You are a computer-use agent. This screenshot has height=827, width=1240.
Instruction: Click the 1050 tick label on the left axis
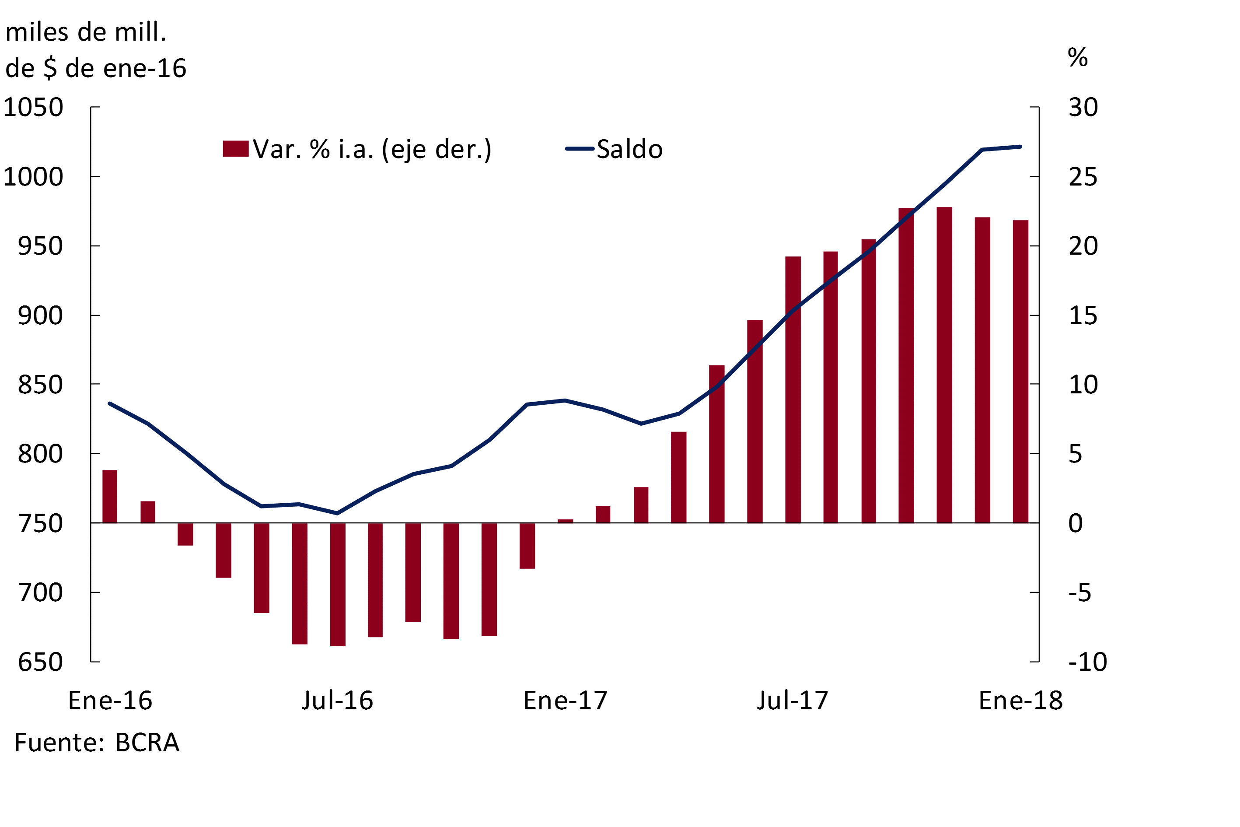click(33, 108)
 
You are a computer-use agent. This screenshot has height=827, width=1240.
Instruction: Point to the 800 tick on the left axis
click(41, 454)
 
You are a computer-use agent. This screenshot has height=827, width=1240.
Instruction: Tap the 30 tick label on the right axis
click(1083, 108)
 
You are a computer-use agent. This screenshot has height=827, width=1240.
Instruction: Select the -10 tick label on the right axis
click(1087, 662)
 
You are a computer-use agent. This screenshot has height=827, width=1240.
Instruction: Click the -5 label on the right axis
click(1080, 593)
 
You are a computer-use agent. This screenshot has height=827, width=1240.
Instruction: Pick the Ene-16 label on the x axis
click(110, 701)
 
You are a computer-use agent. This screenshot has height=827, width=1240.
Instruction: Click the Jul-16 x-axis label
click(337, 701)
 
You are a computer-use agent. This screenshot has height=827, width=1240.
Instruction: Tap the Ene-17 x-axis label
click(565, 701)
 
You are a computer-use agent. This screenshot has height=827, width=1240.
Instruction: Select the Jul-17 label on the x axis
click(793, 701)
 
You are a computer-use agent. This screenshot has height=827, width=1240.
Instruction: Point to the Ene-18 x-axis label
click(1021, 701)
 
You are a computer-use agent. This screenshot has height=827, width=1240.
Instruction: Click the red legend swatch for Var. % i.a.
click(236, 149)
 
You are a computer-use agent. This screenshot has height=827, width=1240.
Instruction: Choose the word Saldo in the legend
click(629, 149)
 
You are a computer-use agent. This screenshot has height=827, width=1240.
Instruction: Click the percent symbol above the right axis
click(1078, 57)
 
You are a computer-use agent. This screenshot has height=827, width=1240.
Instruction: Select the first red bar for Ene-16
click(110, 496)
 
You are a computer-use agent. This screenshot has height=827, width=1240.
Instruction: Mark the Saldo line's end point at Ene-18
click(1021, 147)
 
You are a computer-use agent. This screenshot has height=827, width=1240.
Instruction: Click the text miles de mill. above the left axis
click(86, 32)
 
